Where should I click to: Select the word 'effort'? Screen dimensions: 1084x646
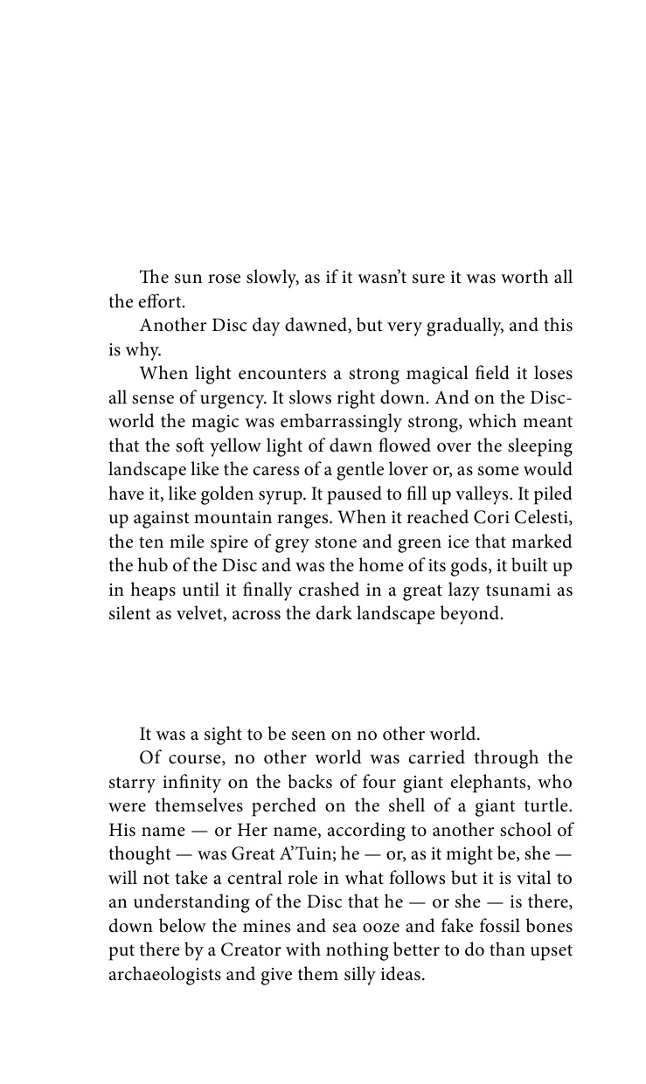(x=158, y=301)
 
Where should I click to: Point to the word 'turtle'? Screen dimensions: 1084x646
(x=546, y=806)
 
